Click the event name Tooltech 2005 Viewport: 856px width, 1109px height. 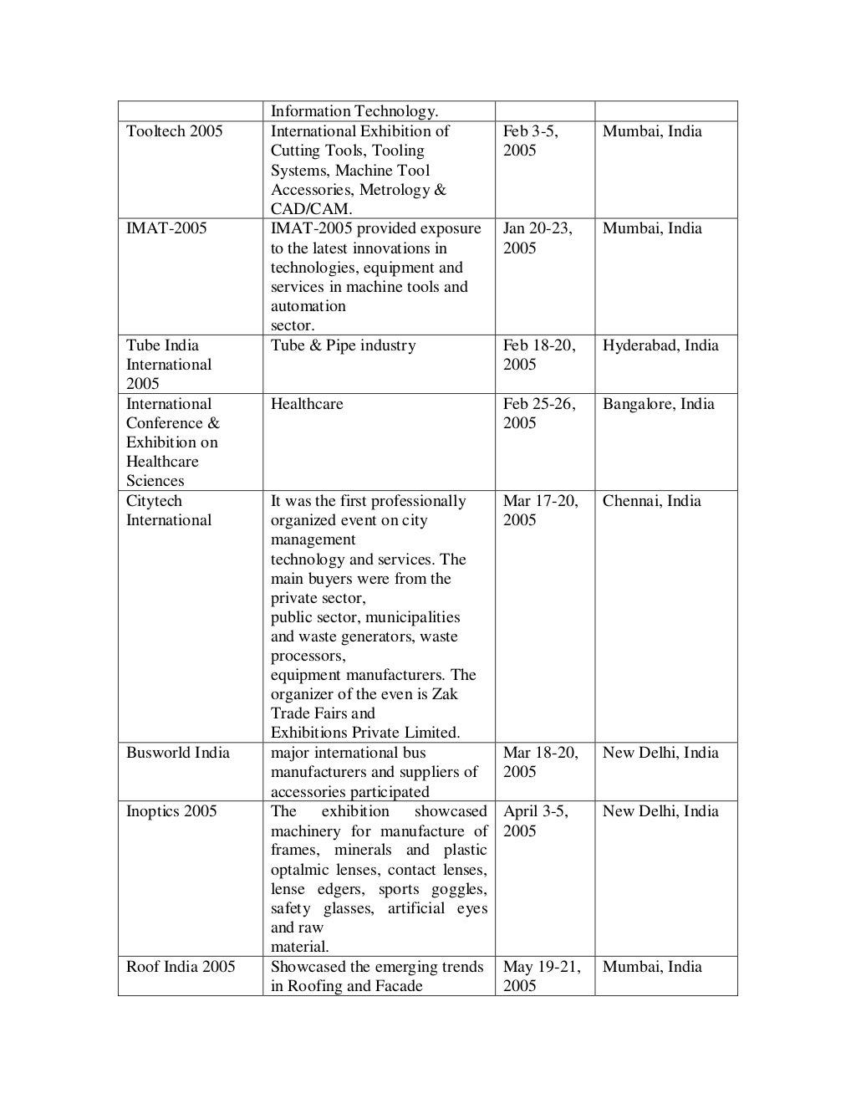(x=174, y=131)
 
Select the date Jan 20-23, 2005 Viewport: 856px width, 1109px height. (x=537, y=238)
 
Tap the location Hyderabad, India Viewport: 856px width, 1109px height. (x=660, y=345)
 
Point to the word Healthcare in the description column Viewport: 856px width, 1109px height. (x=307, y=404)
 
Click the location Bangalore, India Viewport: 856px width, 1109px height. (x=658, y=404)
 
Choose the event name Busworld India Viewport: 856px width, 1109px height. (x=177, y=753)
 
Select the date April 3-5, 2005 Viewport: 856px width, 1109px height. (x=535, y=820)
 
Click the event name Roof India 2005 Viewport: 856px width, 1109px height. (x=181, y=967)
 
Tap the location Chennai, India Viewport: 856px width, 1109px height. (x=651, y=501)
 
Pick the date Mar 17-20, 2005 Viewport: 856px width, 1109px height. (x=540, y=510)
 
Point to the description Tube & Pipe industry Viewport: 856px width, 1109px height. (x=343, y=345)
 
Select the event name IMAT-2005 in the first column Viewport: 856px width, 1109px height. (x=166, y=228)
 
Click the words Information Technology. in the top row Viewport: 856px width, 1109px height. (x=354, y=111)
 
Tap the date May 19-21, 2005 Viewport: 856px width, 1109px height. (x=541, y=976)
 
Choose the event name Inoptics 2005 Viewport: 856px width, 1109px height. (x=171, y=811)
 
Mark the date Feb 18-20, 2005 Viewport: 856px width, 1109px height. (x=538, y=355)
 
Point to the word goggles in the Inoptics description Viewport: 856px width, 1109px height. (x=458, y=889)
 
